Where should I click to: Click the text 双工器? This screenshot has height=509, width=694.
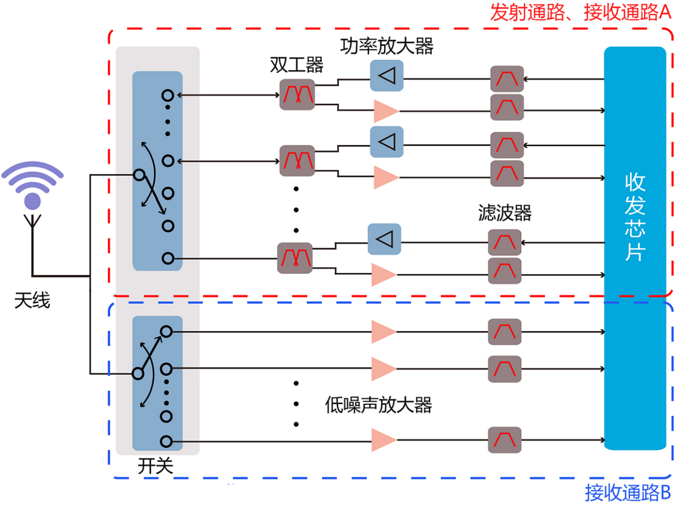(x=296, y=66)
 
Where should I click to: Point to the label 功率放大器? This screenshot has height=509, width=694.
(x=387, y=47)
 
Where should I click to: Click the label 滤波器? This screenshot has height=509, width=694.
(x=505, y=212)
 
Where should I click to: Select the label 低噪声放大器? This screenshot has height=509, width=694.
(x=378, y=404)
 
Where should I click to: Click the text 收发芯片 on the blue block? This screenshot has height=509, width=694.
(x=635, y=217)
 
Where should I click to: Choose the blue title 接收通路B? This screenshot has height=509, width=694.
(x=628, y=493)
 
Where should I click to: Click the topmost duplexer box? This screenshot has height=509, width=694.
(x=297, y=94)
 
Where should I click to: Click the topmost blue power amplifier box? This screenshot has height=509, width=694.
(x=387, y=76)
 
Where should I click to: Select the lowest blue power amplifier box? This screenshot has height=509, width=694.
(x=384, y=239)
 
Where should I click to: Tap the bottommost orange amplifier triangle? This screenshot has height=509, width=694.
(x=383, y=440)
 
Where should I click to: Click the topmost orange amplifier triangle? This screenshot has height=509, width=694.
(x=385, y=111)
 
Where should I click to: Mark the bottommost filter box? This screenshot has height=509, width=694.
(x=505, y=440)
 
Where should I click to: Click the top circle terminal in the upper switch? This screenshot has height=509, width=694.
(x=168, y=95)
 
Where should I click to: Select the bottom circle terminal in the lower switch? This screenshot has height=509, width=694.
(x=166, y=441)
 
